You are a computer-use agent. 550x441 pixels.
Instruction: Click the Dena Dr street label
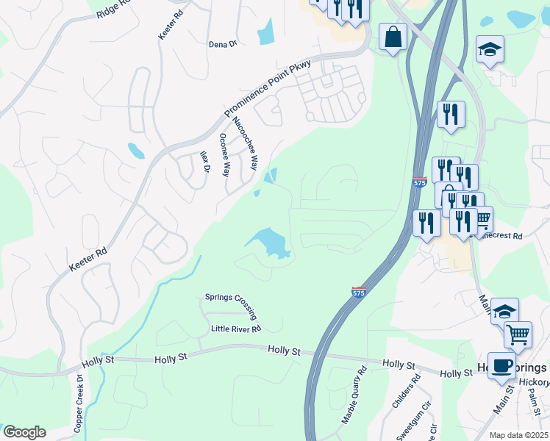[x=223, y=44]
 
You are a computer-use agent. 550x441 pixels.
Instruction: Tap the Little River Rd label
[x=235, y=329]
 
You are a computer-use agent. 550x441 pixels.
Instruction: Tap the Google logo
[x=24, y=432]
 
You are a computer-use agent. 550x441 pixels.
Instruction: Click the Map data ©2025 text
[x=518, y=435]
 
